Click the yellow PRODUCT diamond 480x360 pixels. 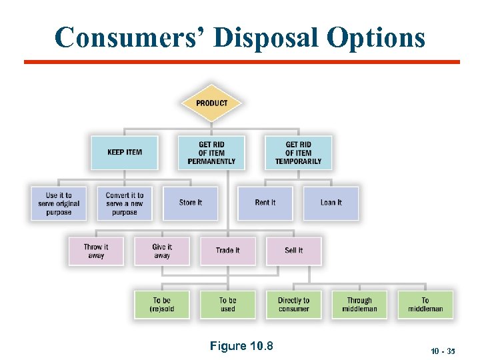coord(211,103)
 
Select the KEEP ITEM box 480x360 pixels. coord(125,153)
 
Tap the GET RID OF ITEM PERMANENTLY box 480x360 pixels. coord(211,153)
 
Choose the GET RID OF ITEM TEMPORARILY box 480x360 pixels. coord(298,153)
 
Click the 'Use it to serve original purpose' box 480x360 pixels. coord(59,203)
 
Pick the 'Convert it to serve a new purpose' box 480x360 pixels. coord(125,203)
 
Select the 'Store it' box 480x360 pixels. coord(190,203)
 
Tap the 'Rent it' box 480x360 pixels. coord(265,203)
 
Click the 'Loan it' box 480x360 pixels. coord(331,203)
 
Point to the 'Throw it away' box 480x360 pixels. coord(96,251)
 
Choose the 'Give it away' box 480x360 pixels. coord(162,251)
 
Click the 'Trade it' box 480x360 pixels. coord(227,251)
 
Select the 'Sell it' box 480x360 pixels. coord(293,251)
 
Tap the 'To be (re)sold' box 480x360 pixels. coord(162,304)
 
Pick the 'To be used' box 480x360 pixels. coord(227,304)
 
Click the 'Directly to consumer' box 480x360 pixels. coord(293,304)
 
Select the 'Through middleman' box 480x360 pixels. coord(359,304)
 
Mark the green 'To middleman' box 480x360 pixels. coord(425,304)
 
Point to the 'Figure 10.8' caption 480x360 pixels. coord(241,346)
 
